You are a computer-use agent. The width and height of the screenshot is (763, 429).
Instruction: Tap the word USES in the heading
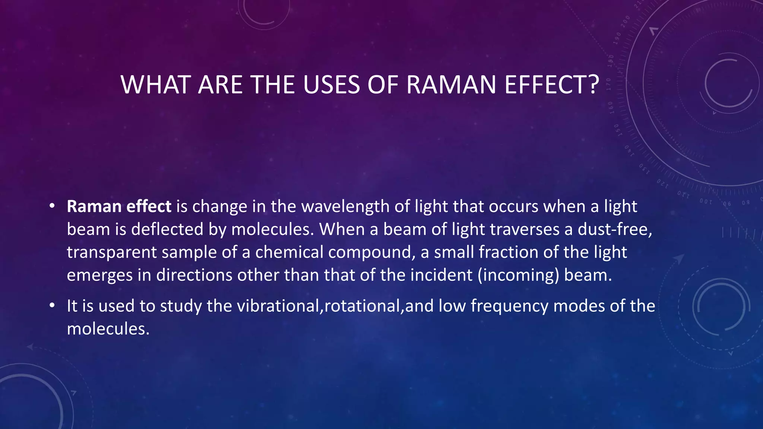tap(331, 85)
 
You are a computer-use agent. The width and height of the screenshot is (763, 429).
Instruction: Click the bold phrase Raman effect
tap(119, 206)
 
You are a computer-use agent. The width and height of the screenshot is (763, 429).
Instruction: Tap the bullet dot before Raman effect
tap(52, 206)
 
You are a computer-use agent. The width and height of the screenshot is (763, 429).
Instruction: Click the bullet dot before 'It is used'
tap(52, 306)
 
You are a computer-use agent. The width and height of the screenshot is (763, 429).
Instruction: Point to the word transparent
tap(112, 252)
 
